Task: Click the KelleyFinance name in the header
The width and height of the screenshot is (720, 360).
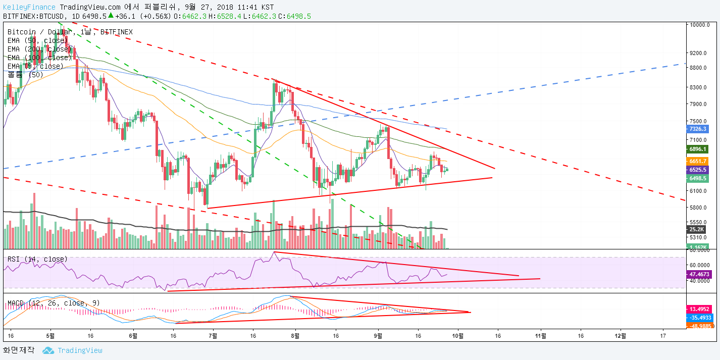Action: pyautogui.click(x=29, y=7)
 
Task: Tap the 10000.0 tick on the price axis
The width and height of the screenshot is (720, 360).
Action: pyautogui.click(x=701, y=25)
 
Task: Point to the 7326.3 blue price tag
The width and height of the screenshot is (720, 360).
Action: pyautogui.click(x=698, y=129)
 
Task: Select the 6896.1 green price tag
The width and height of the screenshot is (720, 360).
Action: pyautogui.click(x=698, y=149)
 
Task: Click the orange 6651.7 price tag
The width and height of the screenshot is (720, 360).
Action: pyautogui.click(x=698, y=161)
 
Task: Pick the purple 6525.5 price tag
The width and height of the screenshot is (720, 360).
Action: pyautogui.click(x=698, y=170)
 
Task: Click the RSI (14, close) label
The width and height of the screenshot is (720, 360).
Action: pyautogui.click(x=37, y=259)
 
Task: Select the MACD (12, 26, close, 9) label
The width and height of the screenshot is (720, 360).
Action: pyautogui.click(x=54, y=303)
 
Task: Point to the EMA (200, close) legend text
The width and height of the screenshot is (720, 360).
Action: pyautogui.click(x=39, y=49)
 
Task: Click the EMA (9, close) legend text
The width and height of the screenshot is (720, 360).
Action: pyautogui.click(x=35, y=66)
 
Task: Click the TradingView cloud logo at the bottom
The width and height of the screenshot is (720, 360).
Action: pyautogui.click(x=48, y=350)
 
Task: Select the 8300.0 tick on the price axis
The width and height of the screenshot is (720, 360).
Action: pyautogui.click(x=701, y=87)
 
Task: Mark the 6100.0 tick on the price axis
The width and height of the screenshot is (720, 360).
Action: pyautogui.click(x=701, y=191)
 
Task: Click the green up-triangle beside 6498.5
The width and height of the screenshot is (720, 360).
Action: pyautogui.click(x=111, y=16)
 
